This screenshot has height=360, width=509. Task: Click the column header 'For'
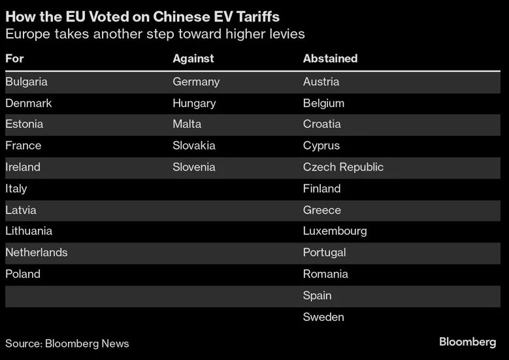tap(14, 59)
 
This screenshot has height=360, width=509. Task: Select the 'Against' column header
tap(193, 59)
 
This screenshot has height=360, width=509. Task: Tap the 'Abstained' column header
tap(330, 59)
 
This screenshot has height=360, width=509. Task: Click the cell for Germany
tap(196, 82)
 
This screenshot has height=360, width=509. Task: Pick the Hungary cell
tap(194, 103)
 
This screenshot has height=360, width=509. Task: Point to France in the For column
tap(23, 146)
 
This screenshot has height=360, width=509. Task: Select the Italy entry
tap(16, 189)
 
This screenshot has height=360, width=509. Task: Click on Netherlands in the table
tap(36, 252)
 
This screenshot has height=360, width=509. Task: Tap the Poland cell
tap(23, 274)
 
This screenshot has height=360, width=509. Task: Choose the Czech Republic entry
tap(343, 167)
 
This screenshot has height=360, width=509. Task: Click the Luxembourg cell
tap(335, 231)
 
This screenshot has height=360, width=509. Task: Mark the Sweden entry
tap(323, 318)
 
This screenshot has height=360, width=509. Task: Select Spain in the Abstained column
tap(318, 296)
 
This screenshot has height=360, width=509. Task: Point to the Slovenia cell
tap(194, 167)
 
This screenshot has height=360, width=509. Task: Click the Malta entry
tap(187, 124)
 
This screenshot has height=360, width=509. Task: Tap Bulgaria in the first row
tap(26, 82)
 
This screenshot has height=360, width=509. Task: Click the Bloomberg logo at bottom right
tap(467, 342)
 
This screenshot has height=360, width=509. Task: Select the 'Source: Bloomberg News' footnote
tap(67, 344)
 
